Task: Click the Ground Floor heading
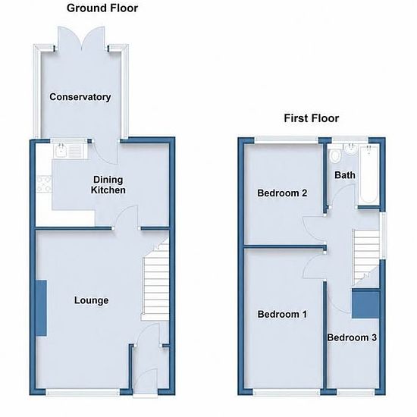click(x=102, y=8)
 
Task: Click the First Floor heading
click(x=312, y=118)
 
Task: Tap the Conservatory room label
click(x=80, y=97)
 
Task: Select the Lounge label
click(x=91, y=300)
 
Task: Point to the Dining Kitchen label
click(x=108, y=185)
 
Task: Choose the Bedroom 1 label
click(x=282, y=315)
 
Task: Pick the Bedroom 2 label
click(x=282, y=193)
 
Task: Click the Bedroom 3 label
click(x=352, y=337)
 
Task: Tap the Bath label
click(x=345, y=175)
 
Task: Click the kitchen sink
click(x=70, y=151)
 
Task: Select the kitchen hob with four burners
click(x=44, y=184)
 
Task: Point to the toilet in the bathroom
click(x=334, y=155)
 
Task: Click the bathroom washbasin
click(x=350, y=149)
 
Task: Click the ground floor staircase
click(x=156, y=278)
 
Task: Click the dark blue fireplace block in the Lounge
click(x=41, y=308)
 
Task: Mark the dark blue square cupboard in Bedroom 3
click(x=365, y=304)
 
